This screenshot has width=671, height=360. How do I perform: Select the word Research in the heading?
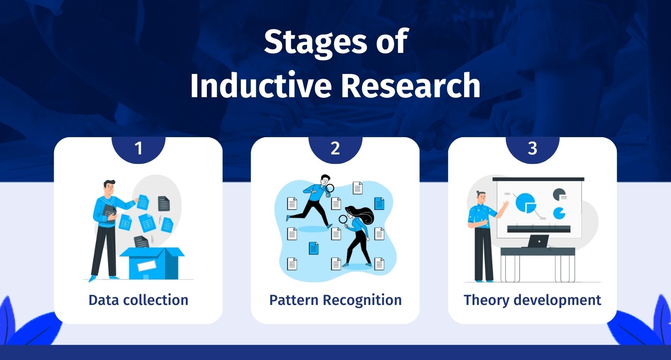click(x=411, y=86)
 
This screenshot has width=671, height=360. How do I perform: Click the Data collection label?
click(x=139, y=300)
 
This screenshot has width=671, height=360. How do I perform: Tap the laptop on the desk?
click(x=538, y=241)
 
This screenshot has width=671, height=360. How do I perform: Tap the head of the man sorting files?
click(x=109, y=188)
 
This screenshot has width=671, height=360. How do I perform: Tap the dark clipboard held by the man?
click(x=109, y=213)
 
